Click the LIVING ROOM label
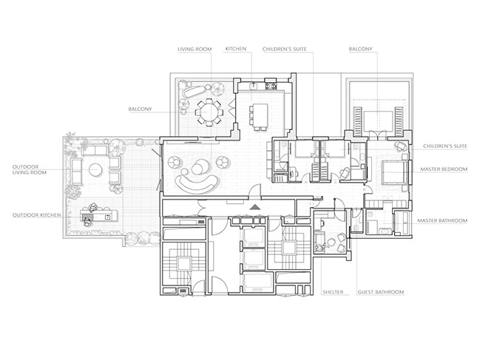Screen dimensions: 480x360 [195, 49]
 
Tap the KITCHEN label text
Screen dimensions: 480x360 [236, 49]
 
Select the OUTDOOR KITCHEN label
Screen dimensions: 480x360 [37, 215]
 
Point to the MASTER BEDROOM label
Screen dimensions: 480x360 [444, 169]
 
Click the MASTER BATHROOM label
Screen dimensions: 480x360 [442, 220]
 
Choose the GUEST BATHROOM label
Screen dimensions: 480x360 [381, 292]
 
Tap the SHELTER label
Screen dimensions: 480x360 [333, 292]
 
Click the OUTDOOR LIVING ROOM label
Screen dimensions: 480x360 [30, 170]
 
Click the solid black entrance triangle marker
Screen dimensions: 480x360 [254, 208]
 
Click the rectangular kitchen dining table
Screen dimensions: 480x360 [260, 115]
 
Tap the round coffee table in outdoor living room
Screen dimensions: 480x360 [95, 170]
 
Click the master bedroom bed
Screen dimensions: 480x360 [395, 173]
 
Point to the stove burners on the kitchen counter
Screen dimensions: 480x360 [271, 84]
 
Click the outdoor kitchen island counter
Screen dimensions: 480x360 [99, 214]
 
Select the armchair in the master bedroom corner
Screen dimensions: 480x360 [401, 146]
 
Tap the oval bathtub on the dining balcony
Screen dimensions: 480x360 [195, 91]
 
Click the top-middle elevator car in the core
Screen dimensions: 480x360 [254, 237]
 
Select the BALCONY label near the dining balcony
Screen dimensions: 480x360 [140, 109]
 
